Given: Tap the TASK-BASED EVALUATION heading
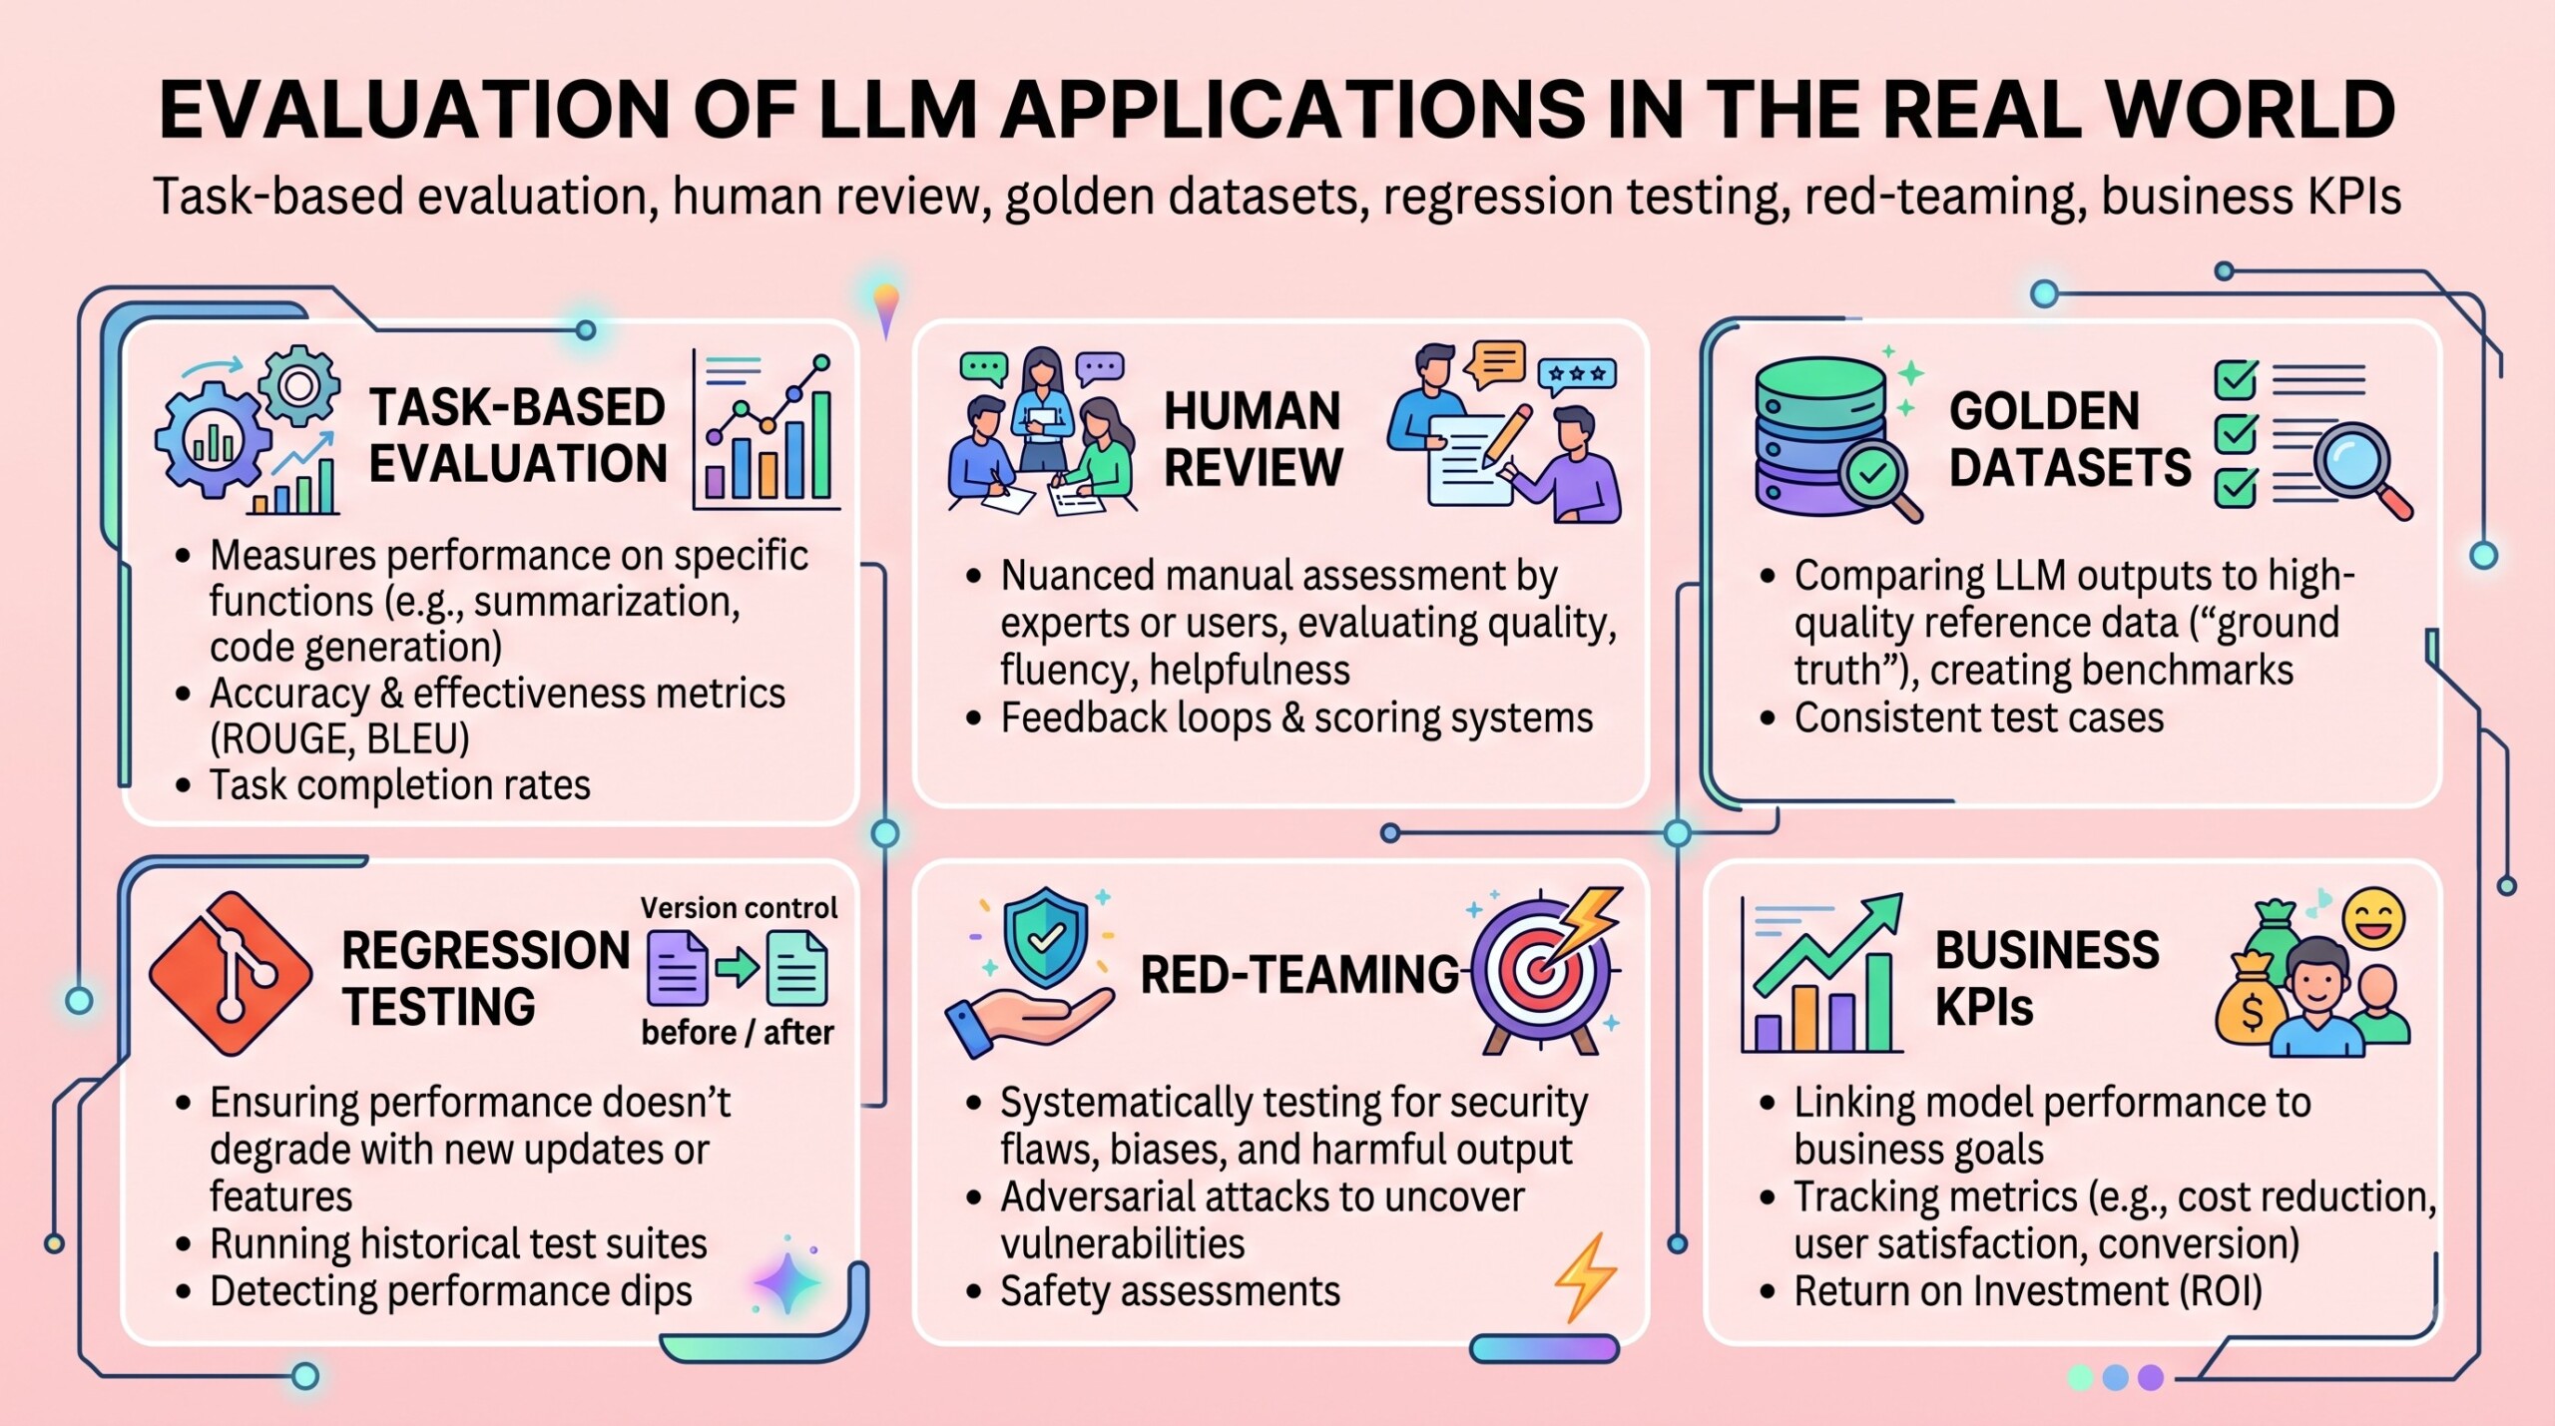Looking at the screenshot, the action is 517,435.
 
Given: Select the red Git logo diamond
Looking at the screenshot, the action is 231,974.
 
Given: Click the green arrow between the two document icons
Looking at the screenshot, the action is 737,968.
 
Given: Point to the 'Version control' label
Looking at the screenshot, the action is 739,907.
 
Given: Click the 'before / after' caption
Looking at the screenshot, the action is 738,1032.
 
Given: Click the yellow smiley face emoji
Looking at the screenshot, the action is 2374,918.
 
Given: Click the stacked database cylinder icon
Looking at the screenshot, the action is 1820,436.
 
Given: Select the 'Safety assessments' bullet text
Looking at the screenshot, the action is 1170,1291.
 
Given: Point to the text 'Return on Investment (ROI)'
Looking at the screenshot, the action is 2028,1291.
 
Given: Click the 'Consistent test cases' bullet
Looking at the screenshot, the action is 1979,718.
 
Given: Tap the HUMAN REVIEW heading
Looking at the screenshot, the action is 1254,439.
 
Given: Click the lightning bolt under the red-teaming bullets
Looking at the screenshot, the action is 1585,1277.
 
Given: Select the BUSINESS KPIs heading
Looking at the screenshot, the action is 2046,978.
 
